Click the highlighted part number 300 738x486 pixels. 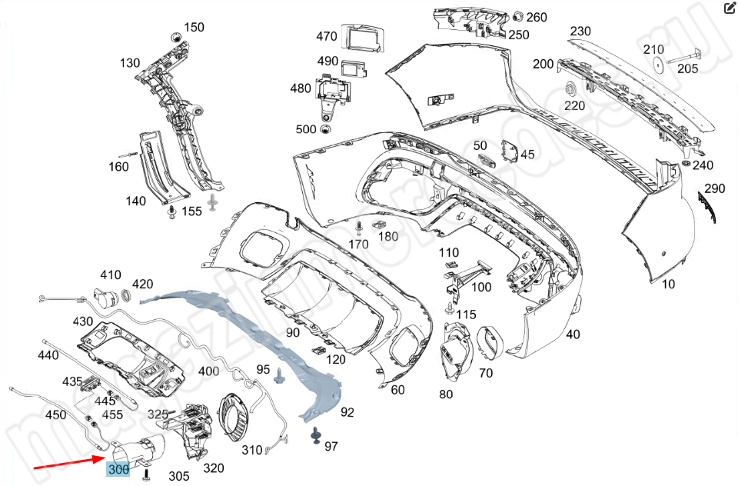coord(118,468)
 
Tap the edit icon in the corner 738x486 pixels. coord(730,9)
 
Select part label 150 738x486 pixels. coord(194,28)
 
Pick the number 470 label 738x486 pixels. coord(327,36)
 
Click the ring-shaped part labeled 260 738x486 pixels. coord(517,16)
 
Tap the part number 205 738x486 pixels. coord(688,68)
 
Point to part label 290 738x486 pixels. coord(715,188)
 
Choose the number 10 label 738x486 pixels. coord(668,284)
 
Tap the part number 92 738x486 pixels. coord(347,413)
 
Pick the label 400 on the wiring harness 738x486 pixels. coord(208,371)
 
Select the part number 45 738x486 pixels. coord(527,155)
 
